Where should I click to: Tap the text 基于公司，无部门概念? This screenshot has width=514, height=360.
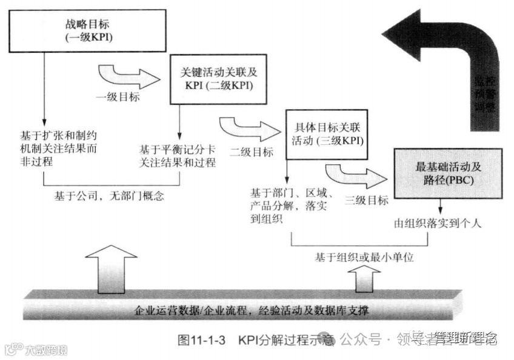[x=110, y=196]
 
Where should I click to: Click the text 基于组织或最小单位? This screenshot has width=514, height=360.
[x=364, y=258]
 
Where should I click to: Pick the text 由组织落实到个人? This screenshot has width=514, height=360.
[x=437, y=223]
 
